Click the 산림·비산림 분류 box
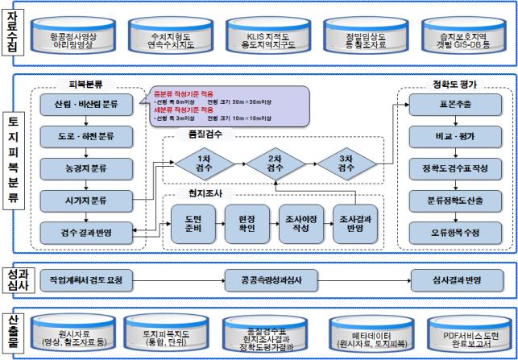click(85, 105)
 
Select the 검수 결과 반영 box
click(85, 233)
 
